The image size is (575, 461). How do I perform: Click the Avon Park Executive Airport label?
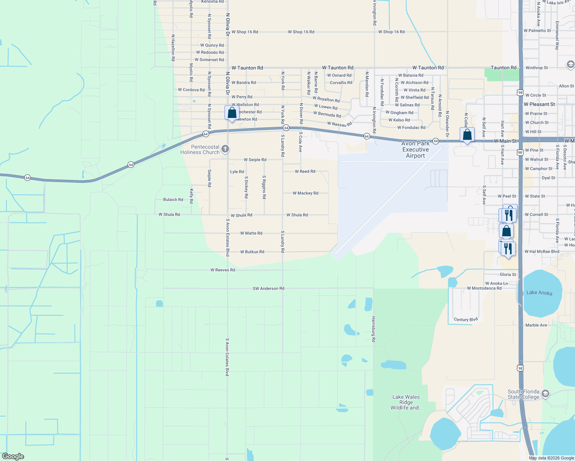point(415,149)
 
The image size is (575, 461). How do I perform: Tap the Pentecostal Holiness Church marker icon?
point(226,149)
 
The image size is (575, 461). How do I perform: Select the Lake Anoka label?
point(539,293)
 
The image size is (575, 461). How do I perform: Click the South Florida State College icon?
point(545,394)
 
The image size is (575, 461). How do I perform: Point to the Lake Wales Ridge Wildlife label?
point(406,402)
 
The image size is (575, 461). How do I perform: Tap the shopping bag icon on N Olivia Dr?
point(232,113)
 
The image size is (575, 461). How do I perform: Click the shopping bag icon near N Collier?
point(467,135)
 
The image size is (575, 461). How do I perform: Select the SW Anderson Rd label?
point(268,289)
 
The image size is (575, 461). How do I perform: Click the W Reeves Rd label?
point(223,270)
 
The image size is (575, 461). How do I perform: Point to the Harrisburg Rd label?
point(373,329)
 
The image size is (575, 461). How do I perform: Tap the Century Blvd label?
point(465,320)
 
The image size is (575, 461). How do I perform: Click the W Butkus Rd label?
point(252,252)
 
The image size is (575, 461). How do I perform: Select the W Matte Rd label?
point(251,233)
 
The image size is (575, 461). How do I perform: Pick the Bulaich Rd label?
point(173,200)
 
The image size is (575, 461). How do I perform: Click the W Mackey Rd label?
point(305,193)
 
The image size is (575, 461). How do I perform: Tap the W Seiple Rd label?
point(255,160)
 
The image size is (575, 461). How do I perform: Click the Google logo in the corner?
point(13,456)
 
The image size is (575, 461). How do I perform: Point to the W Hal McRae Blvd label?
point(542,252)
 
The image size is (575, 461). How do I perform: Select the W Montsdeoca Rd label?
point(484,289)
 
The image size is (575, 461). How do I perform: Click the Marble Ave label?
point(536,325)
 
